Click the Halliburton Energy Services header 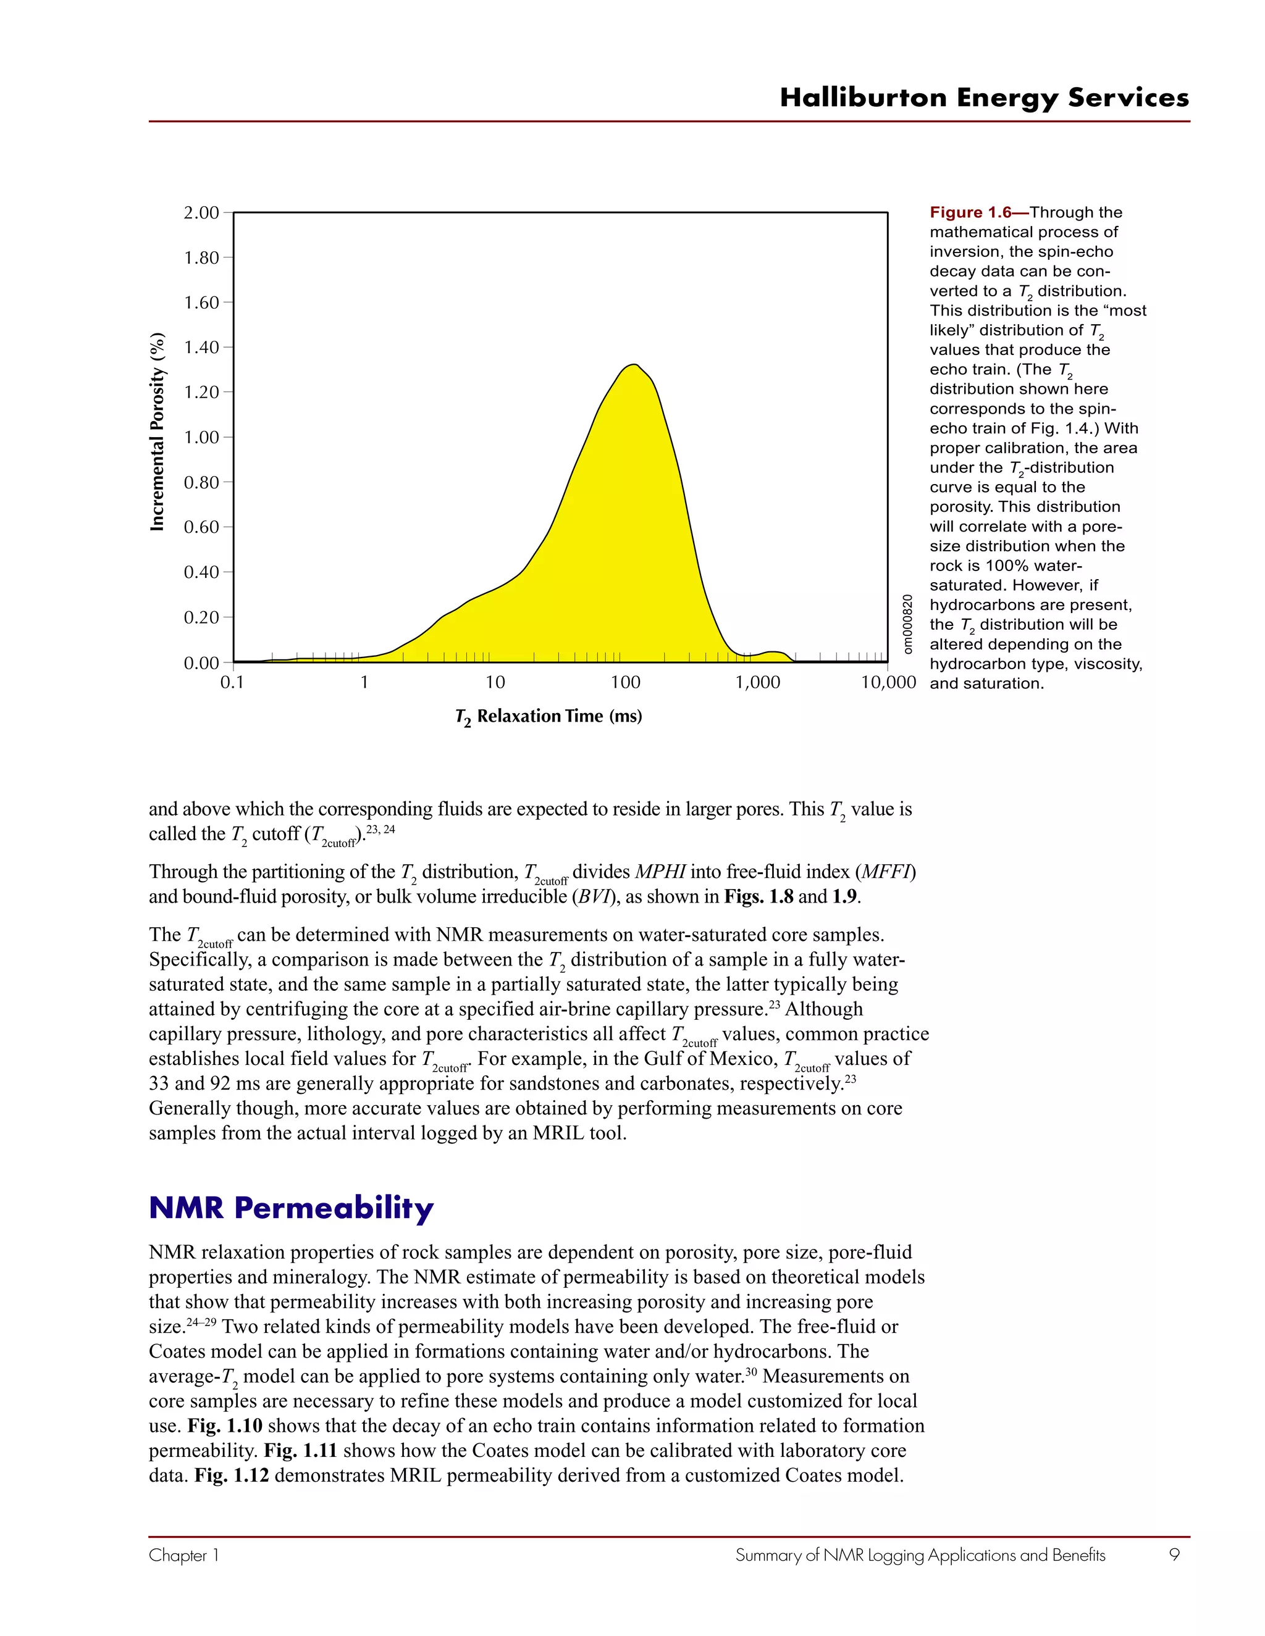point(984,98)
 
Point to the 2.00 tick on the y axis point(201,213)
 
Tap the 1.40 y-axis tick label point(201,348)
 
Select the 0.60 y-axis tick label point(201,527)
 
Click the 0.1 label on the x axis point(232,682)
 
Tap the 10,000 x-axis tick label point(888,682)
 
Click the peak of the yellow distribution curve point(634,365)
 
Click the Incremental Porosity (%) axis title point(158,432)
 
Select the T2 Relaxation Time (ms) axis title point(548,717)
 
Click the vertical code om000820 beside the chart point(907,624)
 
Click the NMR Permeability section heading point(291,1208)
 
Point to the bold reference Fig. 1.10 point(225,1425)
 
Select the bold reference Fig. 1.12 point(232,1475)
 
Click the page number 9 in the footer point(1174,1555)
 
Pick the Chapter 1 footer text point(183,1555)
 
